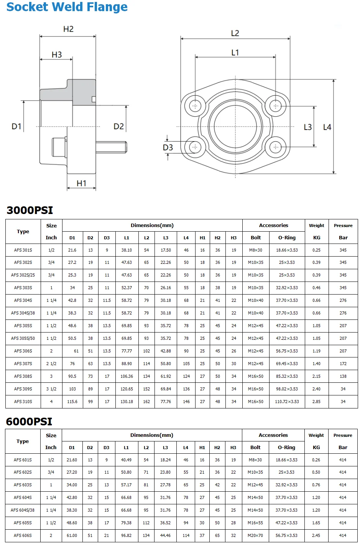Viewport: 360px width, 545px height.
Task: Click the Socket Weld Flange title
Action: point(67,7)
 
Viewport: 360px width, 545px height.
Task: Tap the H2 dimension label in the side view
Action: point(68,29)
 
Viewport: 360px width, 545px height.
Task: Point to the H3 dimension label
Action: point(57,55)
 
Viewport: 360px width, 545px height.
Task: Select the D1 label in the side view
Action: point(16,126)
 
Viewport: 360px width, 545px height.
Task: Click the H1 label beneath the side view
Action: point(81,183)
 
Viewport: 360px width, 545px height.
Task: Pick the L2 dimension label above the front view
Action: point(235,33)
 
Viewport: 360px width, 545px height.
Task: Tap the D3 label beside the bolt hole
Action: point(168,148)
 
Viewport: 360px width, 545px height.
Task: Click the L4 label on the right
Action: point(327,127)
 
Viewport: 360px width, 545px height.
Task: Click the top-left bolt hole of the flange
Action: point(195,106)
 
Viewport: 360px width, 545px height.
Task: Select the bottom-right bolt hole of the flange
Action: point(275,147)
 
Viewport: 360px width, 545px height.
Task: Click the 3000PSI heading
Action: point(30,210)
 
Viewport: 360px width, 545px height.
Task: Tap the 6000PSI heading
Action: point(29,422)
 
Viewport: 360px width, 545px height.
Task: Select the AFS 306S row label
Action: point(23,351)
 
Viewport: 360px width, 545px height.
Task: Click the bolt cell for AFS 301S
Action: point(256,250)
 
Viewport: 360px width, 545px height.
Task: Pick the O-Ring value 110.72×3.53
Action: point(287,402)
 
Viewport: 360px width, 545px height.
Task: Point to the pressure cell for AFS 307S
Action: point(343,364)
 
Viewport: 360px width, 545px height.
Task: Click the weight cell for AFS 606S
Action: point(316,535)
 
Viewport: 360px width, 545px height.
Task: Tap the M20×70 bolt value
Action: point(255,535)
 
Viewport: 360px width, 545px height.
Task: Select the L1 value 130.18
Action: point(127,402)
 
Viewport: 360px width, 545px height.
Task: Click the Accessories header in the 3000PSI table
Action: point(273,226)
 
